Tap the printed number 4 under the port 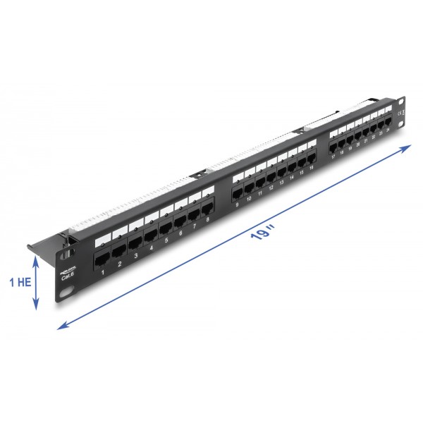(x=151, y=248)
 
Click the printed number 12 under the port (x=271, y=189)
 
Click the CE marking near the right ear (x=400, y=113)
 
